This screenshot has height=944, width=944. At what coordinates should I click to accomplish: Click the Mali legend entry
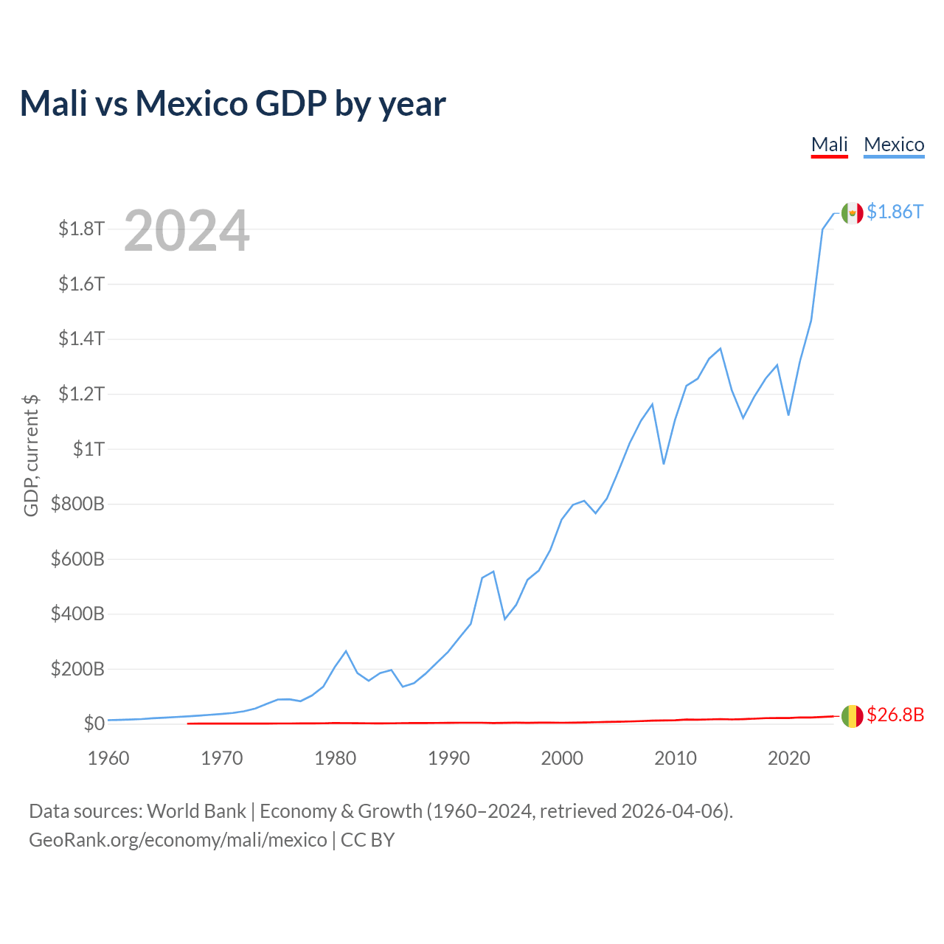tap(829, 145)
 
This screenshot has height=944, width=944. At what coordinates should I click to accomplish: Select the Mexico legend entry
tap(894, 145)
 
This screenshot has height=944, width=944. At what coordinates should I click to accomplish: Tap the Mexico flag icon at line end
tap(852, 213)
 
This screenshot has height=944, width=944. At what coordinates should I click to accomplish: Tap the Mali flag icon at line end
tap(852, 716)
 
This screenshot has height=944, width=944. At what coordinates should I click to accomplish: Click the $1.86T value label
tap(895, 212)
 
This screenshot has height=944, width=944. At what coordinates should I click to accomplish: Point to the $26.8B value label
tap(895, 715)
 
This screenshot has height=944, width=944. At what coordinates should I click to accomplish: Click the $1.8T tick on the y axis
tap(81, 229)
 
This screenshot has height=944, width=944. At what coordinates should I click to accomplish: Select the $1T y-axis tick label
tap(88, 448)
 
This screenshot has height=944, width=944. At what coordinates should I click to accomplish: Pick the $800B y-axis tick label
tap(77, 504)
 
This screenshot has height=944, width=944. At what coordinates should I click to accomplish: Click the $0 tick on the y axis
tap(94, 723)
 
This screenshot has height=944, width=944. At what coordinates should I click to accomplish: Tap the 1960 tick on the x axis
tap(108, 758)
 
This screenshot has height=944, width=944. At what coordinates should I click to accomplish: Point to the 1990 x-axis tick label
tap(448, 758)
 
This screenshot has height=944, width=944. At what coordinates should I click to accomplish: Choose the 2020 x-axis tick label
tap(788, 758)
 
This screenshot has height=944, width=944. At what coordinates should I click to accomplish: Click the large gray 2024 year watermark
tap(187, 230)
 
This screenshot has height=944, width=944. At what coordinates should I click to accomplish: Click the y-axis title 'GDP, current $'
tap(30, 456)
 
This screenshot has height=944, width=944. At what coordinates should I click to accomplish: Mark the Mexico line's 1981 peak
tap(346, 651)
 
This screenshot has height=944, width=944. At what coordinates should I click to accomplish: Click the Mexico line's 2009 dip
tap(664, 463)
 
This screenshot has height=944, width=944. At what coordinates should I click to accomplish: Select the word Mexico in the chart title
tap(192, 103)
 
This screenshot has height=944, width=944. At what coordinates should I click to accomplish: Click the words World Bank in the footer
tap(196, 811)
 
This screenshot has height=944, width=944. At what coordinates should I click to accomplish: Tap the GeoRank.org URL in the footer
tap(178, 840)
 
